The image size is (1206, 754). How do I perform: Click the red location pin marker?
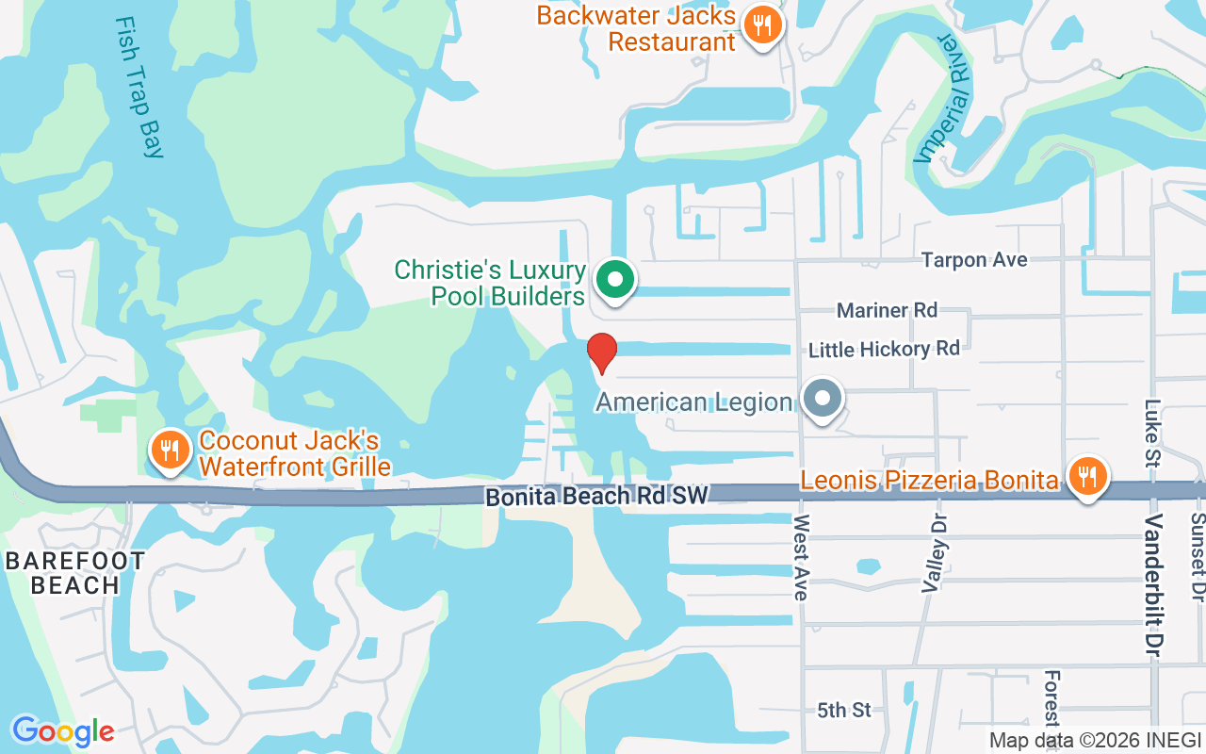602,352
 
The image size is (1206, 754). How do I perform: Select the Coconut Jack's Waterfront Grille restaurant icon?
170,451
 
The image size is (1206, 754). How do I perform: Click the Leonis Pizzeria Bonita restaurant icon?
1087,476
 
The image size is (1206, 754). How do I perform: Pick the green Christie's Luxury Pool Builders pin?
615,279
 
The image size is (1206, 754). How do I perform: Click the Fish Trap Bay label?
140,86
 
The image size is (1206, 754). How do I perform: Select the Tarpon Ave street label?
974,260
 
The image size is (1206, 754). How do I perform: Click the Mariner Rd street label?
887,311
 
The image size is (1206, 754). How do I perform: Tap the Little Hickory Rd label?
884,350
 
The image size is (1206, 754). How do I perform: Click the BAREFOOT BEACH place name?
75,573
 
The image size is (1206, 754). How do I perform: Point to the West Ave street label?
802,557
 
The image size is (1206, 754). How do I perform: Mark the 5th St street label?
844,710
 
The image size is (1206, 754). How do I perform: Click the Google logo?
63,730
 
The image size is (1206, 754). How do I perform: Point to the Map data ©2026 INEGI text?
1095,740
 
